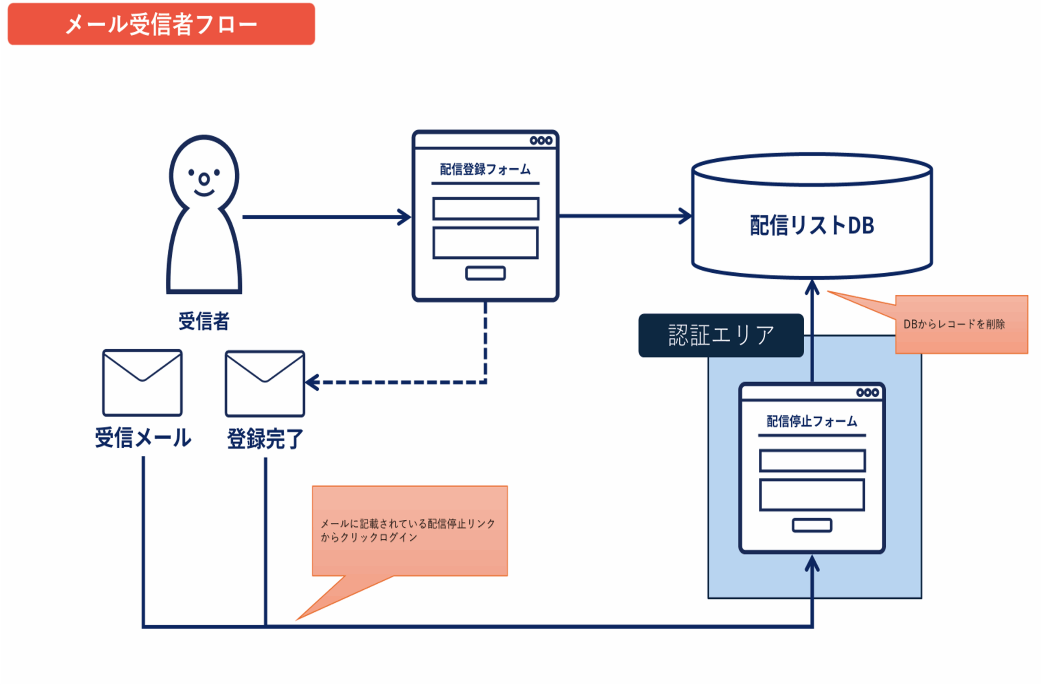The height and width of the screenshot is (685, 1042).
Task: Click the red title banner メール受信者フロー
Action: tap(161, 24)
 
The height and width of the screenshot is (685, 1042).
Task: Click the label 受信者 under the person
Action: tap(204, 321)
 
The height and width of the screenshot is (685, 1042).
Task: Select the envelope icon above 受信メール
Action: tap(142, 383)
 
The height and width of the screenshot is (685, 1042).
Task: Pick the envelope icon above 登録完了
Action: tap(265, 383)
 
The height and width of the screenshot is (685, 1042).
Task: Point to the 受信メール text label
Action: tap(143, 437)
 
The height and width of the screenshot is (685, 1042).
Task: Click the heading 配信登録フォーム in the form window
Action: tap(485, 169)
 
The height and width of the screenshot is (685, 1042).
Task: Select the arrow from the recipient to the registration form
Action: tap(326, 217)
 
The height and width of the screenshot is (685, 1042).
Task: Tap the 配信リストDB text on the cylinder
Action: tap(812, 225)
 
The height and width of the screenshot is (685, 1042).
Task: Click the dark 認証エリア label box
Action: tap(721, 335)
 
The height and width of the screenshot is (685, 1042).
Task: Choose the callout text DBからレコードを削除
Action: tap(954, 324)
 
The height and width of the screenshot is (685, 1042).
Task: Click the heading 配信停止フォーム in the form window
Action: tap(812, 421)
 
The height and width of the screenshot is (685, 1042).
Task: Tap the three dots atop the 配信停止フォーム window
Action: tap(867, 393)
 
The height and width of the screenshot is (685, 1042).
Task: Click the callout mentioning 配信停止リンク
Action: tap(409, 530)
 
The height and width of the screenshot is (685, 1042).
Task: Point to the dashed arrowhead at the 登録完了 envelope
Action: tap(312, 382)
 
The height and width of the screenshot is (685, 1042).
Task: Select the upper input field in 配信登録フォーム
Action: tap(486, 208)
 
